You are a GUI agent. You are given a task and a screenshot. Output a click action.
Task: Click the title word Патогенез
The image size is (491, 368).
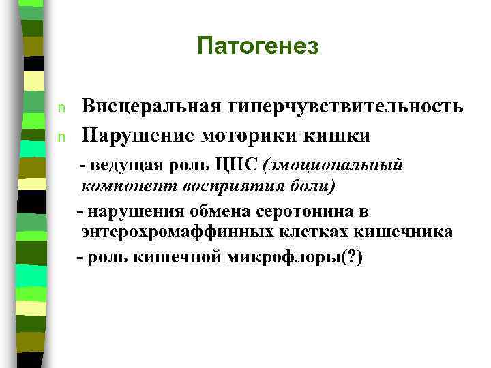point(257,46)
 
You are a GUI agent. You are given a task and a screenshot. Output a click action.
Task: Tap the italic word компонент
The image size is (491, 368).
point(121,185)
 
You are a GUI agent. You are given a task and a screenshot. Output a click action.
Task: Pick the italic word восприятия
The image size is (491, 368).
point(222,185)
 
